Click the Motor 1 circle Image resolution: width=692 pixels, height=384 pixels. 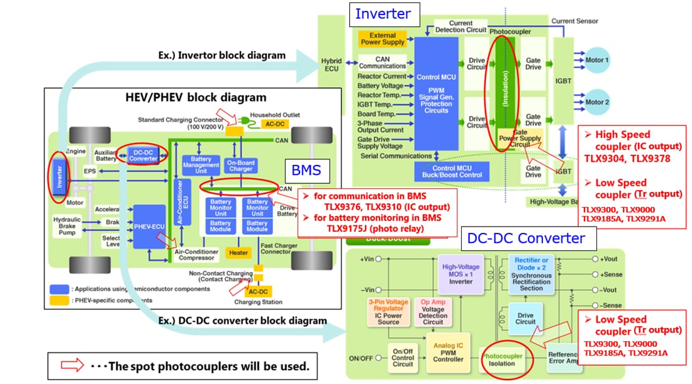pyautogui.click(x=597, y=60)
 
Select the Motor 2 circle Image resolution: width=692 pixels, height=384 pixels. pyautogui.click(x=597, y=102)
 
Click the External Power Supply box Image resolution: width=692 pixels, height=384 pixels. pyautogui.click(x=382, y=39)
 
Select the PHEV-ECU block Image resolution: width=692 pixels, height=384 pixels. pyautogui.click(x=149, y=226)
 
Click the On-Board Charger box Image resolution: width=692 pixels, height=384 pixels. pyautogui.click(x=240, y=166)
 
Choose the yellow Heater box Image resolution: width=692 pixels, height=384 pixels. pyautogui.click(x=238, y=252)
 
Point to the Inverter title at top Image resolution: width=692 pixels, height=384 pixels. pyautogui.click(x=382, y=13)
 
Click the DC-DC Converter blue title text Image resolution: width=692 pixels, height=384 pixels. pyautogui.click(x=526, y=238)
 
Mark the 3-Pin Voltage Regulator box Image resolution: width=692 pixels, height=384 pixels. pyautogui.click(x=388, y=312)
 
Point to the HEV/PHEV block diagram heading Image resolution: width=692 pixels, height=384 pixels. pyautogui.click(x=196, y=98)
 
